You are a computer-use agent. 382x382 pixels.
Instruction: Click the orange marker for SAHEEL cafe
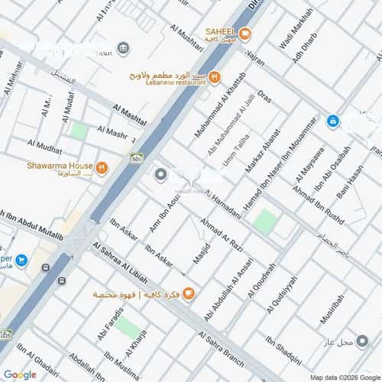245,34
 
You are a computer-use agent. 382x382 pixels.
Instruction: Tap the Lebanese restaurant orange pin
215,76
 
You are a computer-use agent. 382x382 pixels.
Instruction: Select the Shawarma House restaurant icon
102,167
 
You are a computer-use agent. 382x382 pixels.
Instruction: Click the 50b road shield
137,158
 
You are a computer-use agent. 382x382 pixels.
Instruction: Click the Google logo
19,374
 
